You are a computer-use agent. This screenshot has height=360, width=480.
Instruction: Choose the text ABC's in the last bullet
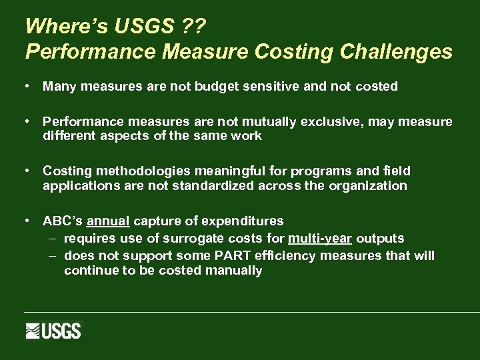[x=63, y=221]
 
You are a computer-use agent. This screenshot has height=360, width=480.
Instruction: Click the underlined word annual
[x=108, y=221]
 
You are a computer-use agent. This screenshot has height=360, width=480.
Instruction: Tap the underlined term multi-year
[x=319, y=239]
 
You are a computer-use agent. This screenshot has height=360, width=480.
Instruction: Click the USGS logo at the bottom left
[x=53, y=331]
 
